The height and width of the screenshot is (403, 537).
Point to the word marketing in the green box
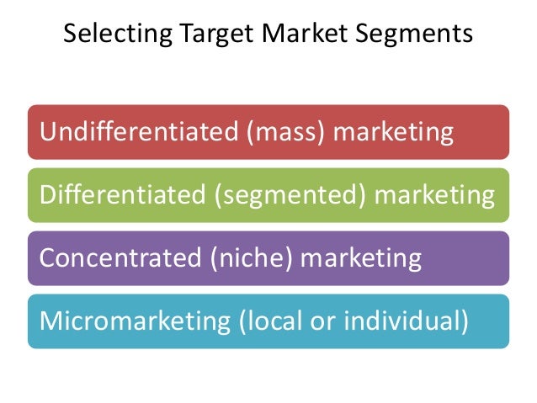tap(435, 196)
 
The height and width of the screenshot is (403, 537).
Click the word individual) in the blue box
tap(412, 321)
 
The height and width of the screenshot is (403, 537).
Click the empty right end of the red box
tap(484, 132)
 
